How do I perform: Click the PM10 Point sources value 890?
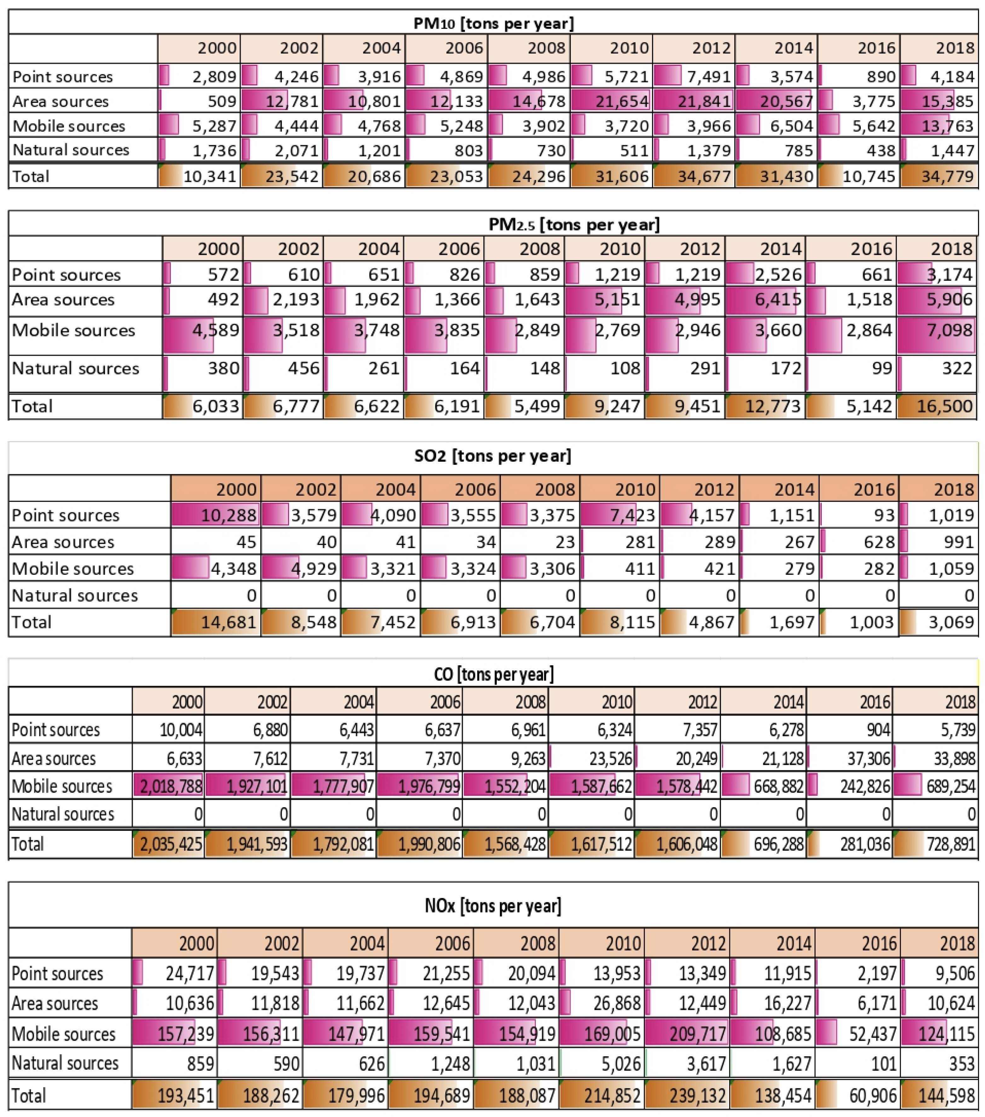(881, 77)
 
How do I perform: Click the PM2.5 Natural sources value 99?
(882, 368)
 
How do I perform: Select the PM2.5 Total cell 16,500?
(945, 406)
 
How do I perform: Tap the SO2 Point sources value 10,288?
(229, 515)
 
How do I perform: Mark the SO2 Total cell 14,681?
(229, 622)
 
